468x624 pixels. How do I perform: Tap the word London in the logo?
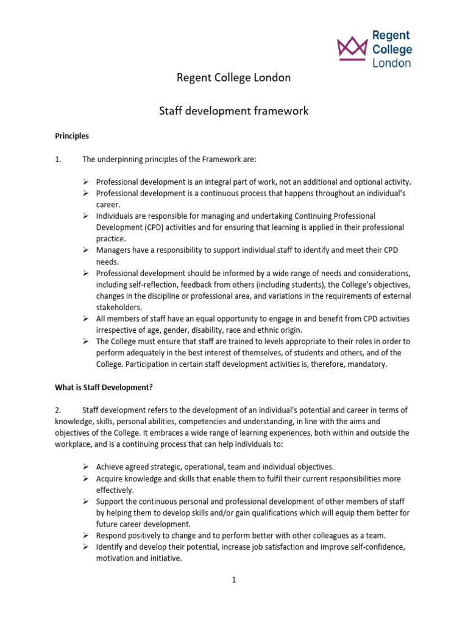tap(392, 63)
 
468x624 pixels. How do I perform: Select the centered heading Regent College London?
tap(233, 78)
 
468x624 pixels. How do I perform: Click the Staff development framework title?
tap(233, 111)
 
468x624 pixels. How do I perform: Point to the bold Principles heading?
tap(72, 136)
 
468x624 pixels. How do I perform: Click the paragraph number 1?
tap(58, 160)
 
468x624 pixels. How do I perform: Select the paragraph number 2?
tap(58, 410)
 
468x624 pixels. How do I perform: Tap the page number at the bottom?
tap(233, 580)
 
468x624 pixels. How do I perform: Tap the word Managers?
tap(113, 250)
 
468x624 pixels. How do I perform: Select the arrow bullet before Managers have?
tap(87, 250)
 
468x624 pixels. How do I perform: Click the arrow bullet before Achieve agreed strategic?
tap(87, 467)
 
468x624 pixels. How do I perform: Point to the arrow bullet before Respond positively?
tap(87, 536)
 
